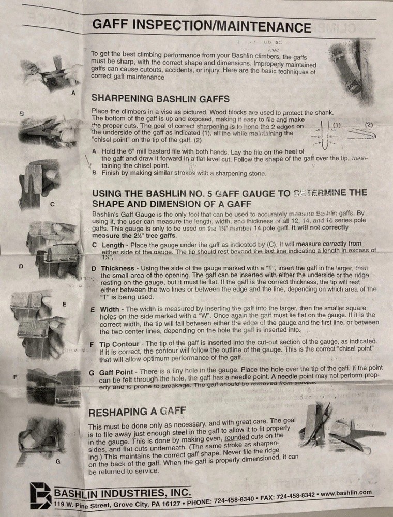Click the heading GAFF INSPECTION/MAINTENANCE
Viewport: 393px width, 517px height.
[202, 26]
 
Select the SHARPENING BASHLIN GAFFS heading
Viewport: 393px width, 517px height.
[161, 98]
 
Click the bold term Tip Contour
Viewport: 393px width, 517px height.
[119, 344]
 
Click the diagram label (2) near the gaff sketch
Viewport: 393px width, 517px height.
[369, 125]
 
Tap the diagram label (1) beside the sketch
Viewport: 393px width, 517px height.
[337, 126]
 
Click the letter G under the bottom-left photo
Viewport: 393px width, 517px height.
[58, 461]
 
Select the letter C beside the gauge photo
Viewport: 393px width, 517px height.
[52, 204]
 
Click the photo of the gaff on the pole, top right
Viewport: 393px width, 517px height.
[352, 67]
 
